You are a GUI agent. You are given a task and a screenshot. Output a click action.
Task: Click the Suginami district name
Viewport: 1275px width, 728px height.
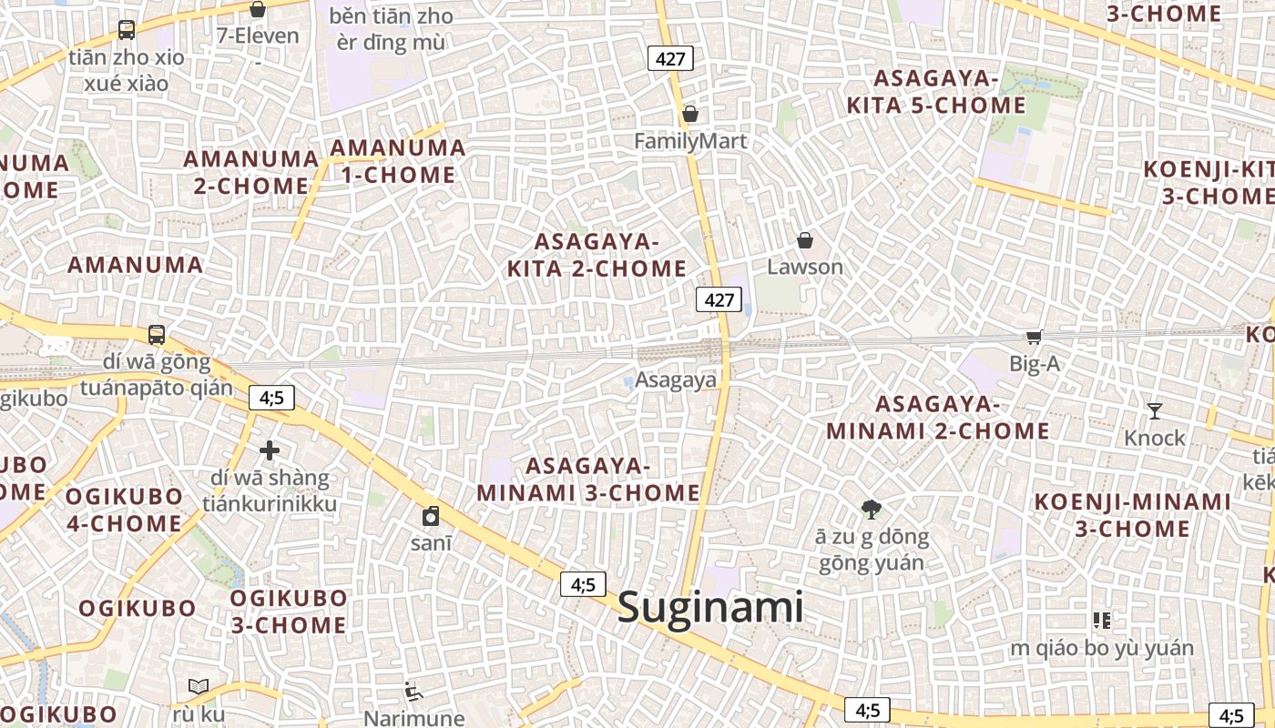pyautogui.click(x=710, y=608)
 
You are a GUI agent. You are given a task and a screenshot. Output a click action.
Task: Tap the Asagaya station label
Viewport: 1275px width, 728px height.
pyautogui.click(x=676, y=380)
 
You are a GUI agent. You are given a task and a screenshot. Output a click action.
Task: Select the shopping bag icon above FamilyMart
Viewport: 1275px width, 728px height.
pyautogui.click(x=690, y=115)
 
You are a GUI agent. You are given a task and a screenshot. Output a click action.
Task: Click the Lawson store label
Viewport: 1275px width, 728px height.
pyautogui.click(x=805, y=267)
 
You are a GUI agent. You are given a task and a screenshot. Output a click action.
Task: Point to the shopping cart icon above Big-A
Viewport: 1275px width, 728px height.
pyautogui.click(x=1034, y=338)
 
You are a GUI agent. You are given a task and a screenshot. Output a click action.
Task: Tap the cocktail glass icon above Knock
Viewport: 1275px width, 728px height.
pyautogui.click(x=1155, y=411)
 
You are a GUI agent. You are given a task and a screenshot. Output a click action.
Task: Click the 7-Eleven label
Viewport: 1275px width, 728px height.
pyautogui.click(x=258, y=36)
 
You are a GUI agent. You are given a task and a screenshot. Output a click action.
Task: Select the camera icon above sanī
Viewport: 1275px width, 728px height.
pyautogui.click(x=431, y=516)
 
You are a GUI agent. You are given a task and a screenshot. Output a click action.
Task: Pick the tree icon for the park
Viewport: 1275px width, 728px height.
pyautogui.click(x=871, y=509)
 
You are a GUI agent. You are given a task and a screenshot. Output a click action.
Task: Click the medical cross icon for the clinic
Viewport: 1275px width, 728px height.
pyautogui.click(x=270, y=450)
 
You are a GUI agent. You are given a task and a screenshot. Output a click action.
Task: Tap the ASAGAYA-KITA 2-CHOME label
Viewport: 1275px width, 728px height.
pyautogui.click(x=597, y=255)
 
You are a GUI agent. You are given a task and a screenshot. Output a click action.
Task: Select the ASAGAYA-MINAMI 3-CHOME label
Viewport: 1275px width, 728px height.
pyautogui.click(x=588, y=480)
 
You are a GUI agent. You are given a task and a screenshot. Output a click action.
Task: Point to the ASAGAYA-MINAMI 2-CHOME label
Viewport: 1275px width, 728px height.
pyautogui.click(x=938, y=417)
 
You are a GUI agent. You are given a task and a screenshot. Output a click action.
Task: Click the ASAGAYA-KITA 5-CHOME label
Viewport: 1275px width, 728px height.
pyautogui.click(x=936, y=92)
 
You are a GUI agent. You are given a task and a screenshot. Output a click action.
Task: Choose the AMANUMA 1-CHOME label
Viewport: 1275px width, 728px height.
pyautogui.click(x=398, y=161)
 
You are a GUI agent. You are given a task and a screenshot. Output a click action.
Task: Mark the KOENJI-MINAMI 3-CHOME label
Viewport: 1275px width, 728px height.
pyautogui.click(x=1133, y=515)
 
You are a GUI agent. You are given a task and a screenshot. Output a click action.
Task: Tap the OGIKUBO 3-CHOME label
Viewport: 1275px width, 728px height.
pyautogui.click(x=288, y=612)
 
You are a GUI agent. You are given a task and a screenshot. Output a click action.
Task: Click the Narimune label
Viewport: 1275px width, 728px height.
pyautogui.click(x=414, y=718)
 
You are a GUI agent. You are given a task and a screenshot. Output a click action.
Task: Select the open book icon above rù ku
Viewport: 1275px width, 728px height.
pyautogui.click(x=199, y=686)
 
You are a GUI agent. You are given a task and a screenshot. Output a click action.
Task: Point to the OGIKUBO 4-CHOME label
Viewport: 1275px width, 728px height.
pyautogui.click(x=124, y=510)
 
